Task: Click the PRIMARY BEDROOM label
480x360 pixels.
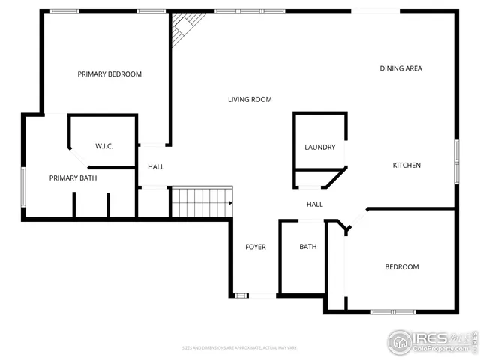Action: (x=109, y=74)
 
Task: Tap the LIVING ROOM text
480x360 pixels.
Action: (x=250, y=99)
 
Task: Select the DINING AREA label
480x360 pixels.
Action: (x=400, y=68)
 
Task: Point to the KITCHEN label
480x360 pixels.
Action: (x=406, y=165)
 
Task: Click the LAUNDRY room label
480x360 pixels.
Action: (x=319, y=147)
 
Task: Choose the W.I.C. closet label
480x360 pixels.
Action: (x=103, y=145)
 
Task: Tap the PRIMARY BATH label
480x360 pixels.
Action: (x=73, y=178)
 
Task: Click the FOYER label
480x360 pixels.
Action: (x=256, y=247)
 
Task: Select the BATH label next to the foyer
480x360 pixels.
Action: (x=307, y=247)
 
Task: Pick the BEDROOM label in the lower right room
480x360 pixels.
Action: (x=401, y=267)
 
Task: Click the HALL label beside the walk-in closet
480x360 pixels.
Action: (x=155, y=166)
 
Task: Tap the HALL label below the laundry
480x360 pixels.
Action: (x=314, y=204)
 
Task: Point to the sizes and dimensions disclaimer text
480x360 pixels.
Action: (x=240, y=347)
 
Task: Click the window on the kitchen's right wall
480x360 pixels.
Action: (x=456, y=160)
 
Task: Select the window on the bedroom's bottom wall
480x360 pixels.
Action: (x=394, y=311)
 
